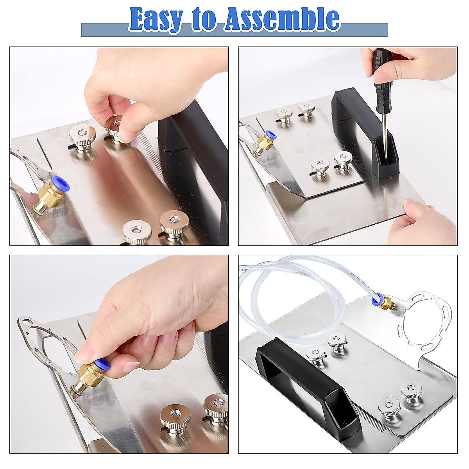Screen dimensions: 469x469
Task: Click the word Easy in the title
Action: (x=156, y=19)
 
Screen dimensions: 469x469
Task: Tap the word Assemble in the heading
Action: (x=281, y=19)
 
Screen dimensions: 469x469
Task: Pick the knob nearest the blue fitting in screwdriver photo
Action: (x=284, y=114)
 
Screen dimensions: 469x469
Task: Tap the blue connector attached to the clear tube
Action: (x=376, y=300)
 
